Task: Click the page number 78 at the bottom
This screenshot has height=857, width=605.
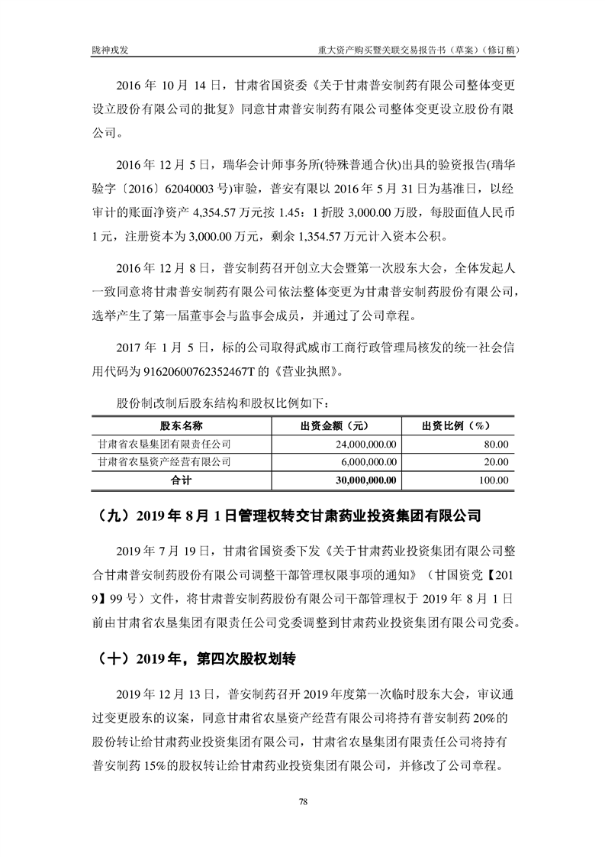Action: coord(303,801)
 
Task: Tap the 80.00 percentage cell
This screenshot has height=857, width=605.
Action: coord(496,443)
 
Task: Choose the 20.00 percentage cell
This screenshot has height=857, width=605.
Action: coord(496,461)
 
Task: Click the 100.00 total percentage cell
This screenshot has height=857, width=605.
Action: coord(493,480)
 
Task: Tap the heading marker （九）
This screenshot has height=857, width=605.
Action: coord(111,516)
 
